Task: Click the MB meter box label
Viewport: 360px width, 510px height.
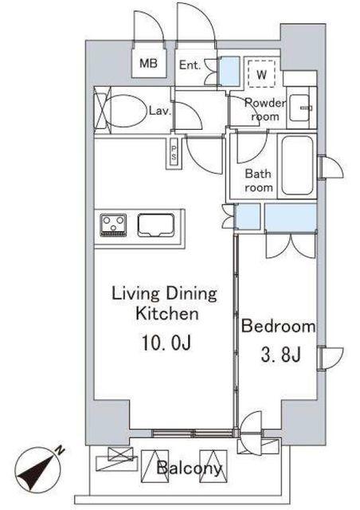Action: (148, 64)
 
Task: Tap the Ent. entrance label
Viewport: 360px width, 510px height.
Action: (190, 65)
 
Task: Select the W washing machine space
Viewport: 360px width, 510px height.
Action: (261, 73)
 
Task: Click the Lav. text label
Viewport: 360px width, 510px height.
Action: (160, 112)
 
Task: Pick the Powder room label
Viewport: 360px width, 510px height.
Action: (265, 109)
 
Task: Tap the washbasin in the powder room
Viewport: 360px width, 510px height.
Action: (300, 108)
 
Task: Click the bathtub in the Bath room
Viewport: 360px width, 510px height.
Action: (297, 165)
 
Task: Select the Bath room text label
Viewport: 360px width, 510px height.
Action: (259, 180)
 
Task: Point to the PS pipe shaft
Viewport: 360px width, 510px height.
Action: (174, 153)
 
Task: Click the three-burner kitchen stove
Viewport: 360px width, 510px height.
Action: (113, 225)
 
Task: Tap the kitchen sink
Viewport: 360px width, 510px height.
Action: (156, 225)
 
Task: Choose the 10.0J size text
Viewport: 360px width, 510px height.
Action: (166, 343)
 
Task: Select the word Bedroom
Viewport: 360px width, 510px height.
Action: (279, 326)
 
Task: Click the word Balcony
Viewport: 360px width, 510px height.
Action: (189, 469)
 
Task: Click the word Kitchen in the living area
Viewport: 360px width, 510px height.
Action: (166, 314)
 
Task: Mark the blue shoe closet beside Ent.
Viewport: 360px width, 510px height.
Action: (229, 71)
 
